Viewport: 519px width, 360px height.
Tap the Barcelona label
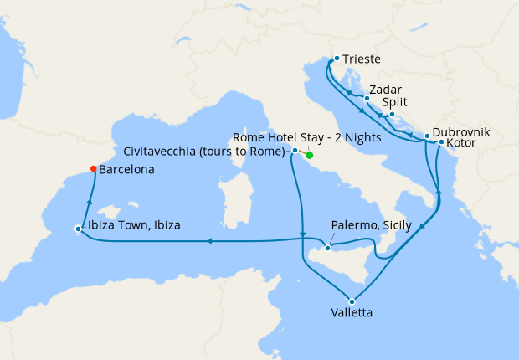tap(126, 169)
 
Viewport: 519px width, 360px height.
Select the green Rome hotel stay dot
tap(310, 155)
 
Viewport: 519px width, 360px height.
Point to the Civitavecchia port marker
tap(295, 151)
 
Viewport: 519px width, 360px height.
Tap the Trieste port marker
tap(336, 59)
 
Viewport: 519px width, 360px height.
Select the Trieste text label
tap(362, 59)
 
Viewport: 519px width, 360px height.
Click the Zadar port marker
tap(367, 98)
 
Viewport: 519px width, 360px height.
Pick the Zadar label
tap(386, 90)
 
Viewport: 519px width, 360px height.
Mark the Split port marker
tap(392, 114)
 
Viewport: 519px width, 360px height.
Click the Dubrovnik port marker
tap(427, 136)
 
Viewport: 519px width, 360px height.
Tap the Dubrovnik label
tap(461, 132)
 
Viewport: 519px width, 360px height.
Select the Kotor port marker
tap(441, 142)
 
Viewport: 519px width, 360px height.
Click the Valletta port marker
tap(352, 301)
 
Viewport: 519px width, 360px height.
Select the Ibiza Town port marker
tap(78, 228)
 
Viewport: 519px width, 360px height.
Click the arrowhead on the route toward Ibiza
tap(208, 242)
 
